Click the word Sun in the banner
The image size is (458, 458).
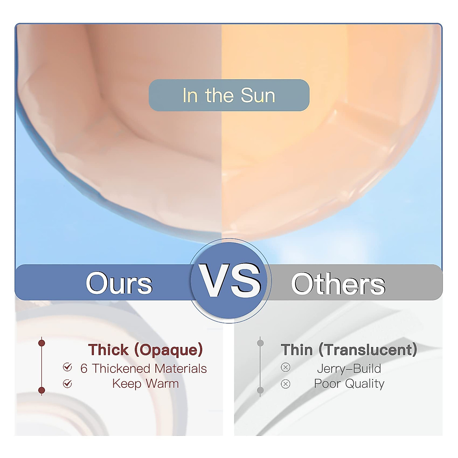(258, 95)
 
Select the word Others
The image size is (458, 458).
(338, 284)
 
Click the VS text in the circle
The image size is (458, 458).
(230, 281)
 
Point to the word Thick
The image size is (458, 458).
(108, 350)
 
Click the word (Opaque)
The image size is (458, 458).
(169, 350)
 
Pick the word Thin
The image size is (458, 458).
(297, 350)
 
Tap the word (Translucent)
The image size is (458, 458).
(368, 350)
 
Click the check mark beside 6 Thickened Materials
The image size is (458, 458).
(68, 367)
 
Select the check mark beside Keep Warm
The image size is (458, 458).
(68, 384)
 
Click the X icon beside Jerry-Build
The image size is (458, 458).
(285, 368)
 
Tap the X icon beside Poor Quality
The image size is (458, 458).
(285, 384)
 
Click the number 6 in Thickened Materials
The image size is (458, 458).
(84, 369)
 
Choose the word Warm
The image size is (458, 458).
(162, 384)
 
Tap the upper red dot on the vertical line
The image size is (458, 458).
(42, 343)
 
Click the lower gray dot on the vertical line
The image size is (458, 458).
(261, 390)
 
